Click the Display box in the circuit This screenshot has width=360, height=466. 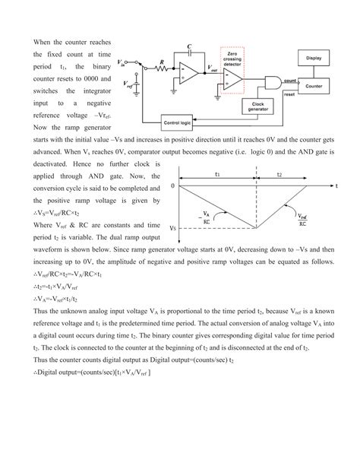click(317, 58)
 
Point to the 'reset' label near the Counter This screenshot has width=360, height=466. click(289, 96)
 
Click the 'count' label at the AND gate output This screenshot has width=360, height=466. click(289, 78)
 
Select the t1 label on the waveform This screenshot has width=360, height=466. click(217, 174)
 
